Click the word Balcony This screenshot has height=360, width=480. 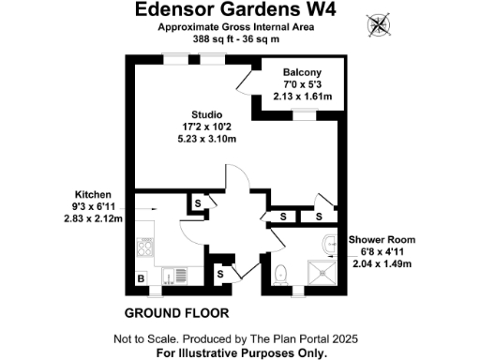point(302,73)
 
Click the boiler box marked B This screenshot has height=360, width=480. point(142,279)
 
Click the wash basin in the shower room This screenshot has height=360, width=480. point(328,246)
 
